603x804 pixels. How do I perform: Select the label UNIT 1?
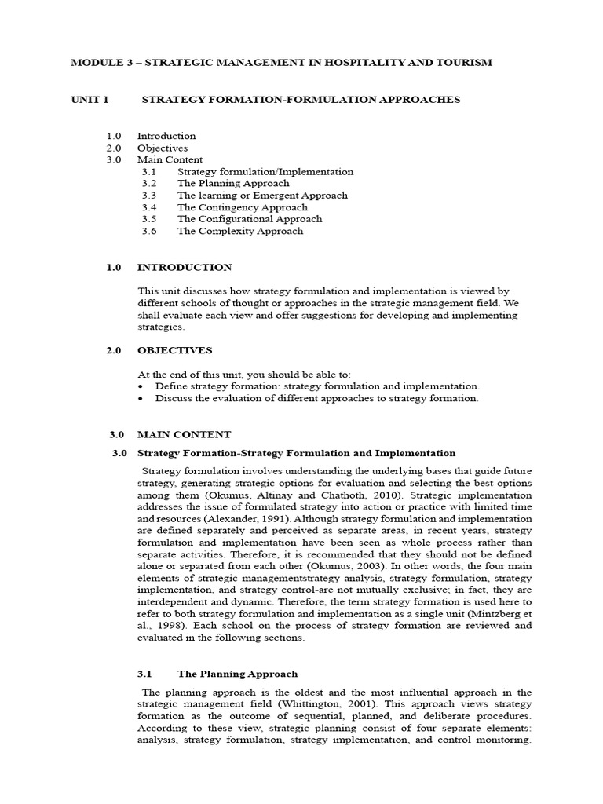click(x=90, y=100)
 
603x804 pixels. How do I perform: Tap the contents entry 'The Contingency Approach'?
click(x=242, y=207)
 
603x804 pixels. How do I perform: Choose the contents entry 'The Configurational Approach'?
click(x=249, y=219)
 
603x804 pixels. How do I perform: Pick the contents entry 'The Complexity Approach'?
click(x=239, y=231)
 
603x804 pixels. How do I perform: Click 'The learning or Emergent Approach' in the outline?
click(x=262, y=195)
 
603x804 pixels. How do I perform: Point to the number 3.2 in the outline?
click(x=149, y=183)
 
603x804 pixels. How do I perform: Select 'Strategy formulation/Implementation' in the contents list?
click(x=265, y=171)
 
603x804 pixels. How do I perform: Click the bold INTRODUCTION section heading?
click(x=185, y=268)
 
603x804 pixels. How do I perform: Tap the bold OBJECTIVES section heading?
click(x=174, y=350)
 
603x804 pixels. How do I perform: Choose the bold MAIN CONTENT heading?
click(x=184, y=434)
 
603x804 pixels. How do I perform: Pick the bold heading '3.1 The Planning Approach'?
click(x=237, y=674)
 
